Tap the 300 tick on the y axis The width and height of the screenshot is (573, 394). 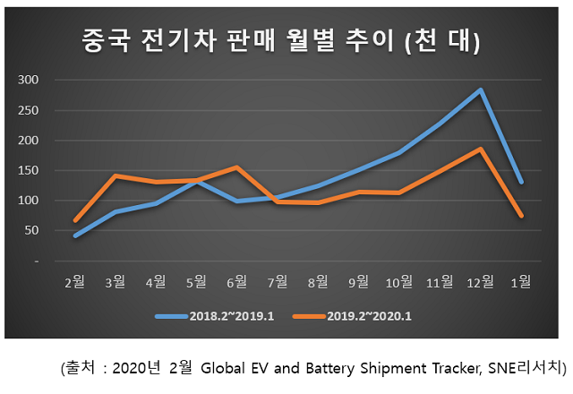point(30,80)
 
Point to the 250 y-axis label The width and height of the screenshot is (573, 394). point(30,110)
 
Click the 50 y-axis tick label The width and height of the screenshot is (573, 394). point(32,231)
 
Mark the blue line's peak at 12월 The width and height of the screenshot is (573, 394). point(481,90)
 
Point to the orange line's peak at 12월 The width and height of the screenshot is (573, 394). point(481,149)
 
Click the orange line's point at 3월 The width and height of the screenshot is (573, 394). point(115,176)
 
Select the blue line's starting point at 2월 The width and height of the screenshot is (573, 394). point(75,236)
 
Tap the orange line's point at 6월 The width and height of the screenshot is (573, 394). point(237,167)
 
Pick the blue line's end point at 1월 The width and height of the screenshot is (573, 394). point(521,182)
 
